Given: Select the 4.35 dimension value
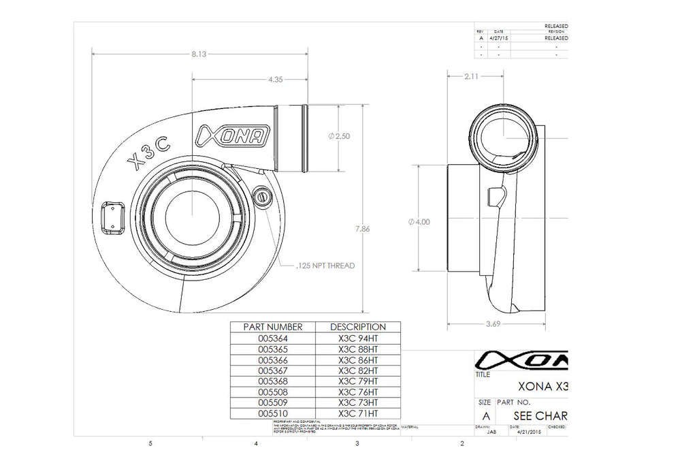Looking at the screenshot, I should tap(275, 80).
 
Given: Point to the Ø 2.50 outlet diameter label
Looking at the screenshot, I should tap(338, 136).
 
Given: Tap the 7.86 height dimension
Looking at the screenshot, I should tap(363, 229).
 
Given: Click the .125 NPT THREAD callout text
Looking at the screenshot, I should tap(326, 266).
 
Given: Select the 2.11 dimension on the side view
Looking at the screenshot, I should tap(470, 77).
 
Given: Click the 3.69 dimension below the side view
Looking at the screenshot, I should tap(492, 324).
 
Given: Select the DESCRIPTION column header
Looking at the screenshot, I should tap(357, 328).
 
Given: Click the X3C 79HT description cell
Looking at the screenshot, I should tap(357, 381).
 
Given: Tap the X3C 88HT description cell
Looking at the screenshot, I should tap(357, 349).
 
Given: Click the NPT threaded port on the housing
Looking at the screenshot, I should tap(261, 196).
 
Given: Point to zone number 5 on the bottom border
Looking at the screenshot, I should tap(150, 444).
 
